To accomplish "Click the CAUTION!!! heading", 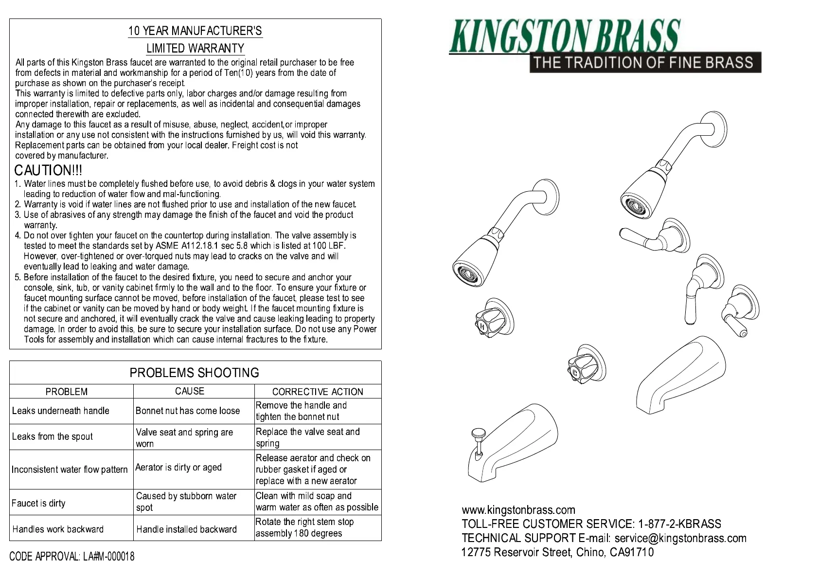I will (x=48, y=171).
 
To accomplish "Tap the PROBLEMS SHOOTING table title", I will (x=194, y=373).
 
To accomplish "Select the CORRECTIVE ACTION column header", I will (x=317, y=392).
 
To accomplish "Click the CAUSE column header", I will (x=190, y=391).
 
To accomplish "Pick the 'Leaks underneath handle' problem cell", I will (x=61, y=411).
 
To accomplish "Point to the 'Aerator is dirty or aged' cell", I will (x=178, y=468).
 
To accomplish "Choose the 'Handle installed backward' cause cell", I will (x=186, y=529).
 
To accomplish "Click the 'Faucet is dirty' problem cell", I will (x=38, y=503).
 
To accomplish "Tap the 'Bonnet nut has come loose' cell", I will (x=188, y=411).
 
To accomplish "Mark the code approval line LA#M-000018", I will (x=72, y=556).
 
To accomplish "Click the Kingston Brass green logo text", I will (x=564, y=36).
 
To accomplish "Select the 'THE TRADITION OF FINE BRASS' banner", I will (x=645, y=63).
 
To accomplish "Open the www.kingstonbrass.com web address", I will (x=518, y=510).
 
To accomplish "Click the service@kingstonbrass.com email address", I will (x=680, y=538).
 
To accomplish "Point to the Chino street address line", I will (x=557, y=552).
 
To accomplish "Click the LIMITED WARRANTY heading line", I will (x=195, y=49).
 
